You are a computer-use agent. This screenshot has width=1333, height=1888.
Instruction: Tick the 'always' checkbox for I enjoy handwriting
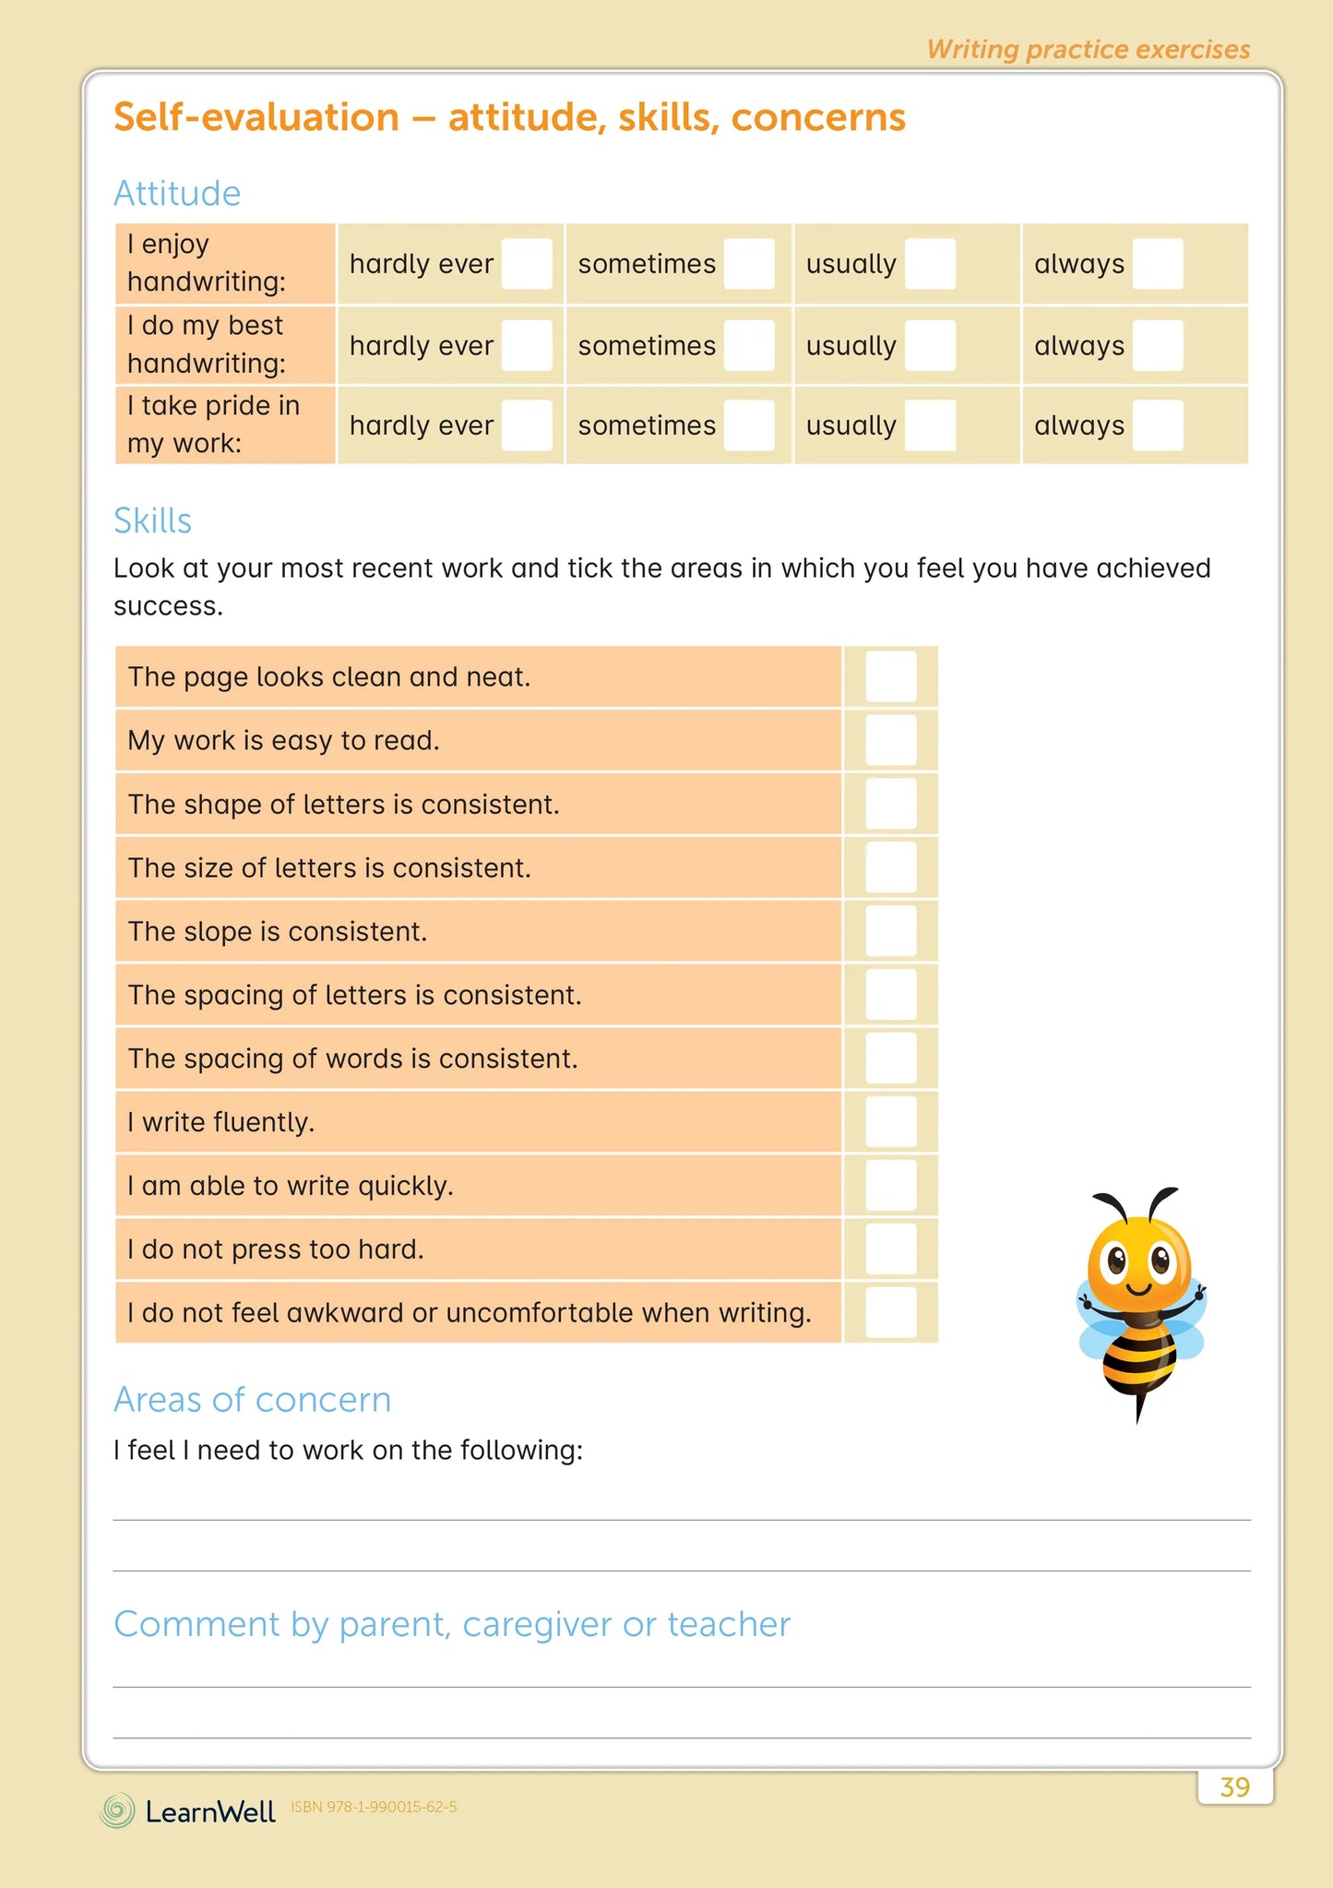[1157, 264]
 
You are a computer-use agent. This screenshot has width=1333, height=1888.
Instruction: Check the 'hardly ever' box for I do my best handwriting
[527, 345]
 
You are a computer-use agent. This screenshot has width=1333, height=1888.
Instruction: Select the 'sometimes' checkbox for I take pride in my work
[748, 425]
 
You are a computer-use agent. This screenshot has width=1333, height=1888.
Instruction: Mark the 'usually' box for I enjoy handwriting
[930, 264]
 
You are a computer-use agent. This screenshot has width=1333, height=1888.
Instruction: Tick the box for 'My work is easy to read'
[890, 740]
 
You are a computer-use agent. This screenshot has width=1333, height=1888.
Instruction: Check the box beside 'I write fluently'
[890, 1122]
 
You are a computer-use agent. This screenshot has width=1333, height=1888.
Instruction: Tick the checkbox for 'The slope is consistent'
[890, 931]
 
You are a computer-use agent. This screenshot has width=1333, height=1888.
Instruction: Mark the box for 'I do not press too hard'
[890, 1249]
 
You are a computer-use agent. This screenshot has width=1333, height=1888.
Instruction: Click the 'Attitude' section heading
[177, 194]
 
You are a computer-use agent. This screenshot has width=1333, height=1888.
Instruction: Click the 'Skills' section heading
[153, 521]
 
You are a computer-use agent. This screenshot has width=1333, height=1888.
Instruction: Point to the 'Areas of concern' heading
[252, 1400]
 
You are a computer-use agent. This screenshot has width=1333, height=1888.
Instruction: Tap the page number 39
[1234, 1787]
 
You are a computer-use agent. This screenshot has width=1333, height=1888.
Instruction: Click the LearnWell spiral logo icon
[117, 1810]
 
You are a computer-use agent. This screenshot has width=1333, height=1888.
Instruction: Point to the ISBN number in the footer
[374, 1807]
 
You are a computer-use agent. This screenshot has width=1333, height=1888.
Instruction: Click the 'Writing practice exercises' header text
[1089, 49]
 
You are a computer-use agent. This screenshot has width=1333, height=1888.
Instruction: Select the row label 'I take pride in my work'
[214, 424]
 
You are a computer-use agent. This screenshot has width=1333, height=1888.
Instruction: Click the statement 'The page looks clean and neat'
[329, 677]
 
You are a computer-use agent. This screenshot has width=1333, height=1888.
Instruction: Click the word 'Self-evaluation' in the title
[256, 117]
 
